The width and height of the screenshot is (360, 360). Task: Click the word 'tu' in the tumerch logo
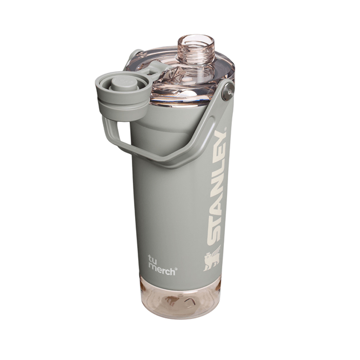point(153,258)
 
